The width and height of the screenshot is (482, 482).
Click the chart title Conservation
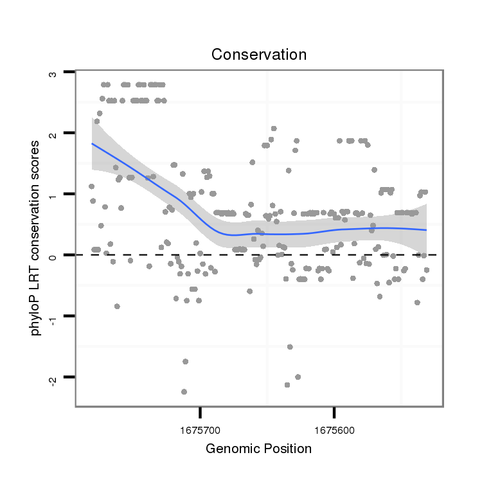(x=259, y=55)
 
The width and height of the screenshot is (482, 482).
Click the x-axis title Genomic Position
(x=258, y=449)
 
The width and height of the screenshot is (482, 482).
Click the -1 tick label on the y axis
(x=53, y=317)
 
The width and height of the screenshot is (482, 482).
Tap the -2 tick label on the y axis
(x=53, y=379)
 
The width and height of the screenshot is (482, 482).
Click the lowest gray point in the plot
(x=184, y=391)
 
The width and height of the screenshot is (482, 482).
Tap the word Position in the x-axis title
(x=287, y=449)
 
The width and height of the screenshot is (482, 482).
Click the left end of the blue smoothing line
(x=92, y=143)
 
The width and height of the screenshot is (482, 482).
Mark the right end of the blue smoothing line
(x=427, y=229)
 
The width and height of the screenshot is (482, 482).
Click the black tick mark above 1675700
(x=201, y=411)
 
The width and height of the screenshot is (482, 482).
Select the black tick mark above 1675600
(x=334, y=411)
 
